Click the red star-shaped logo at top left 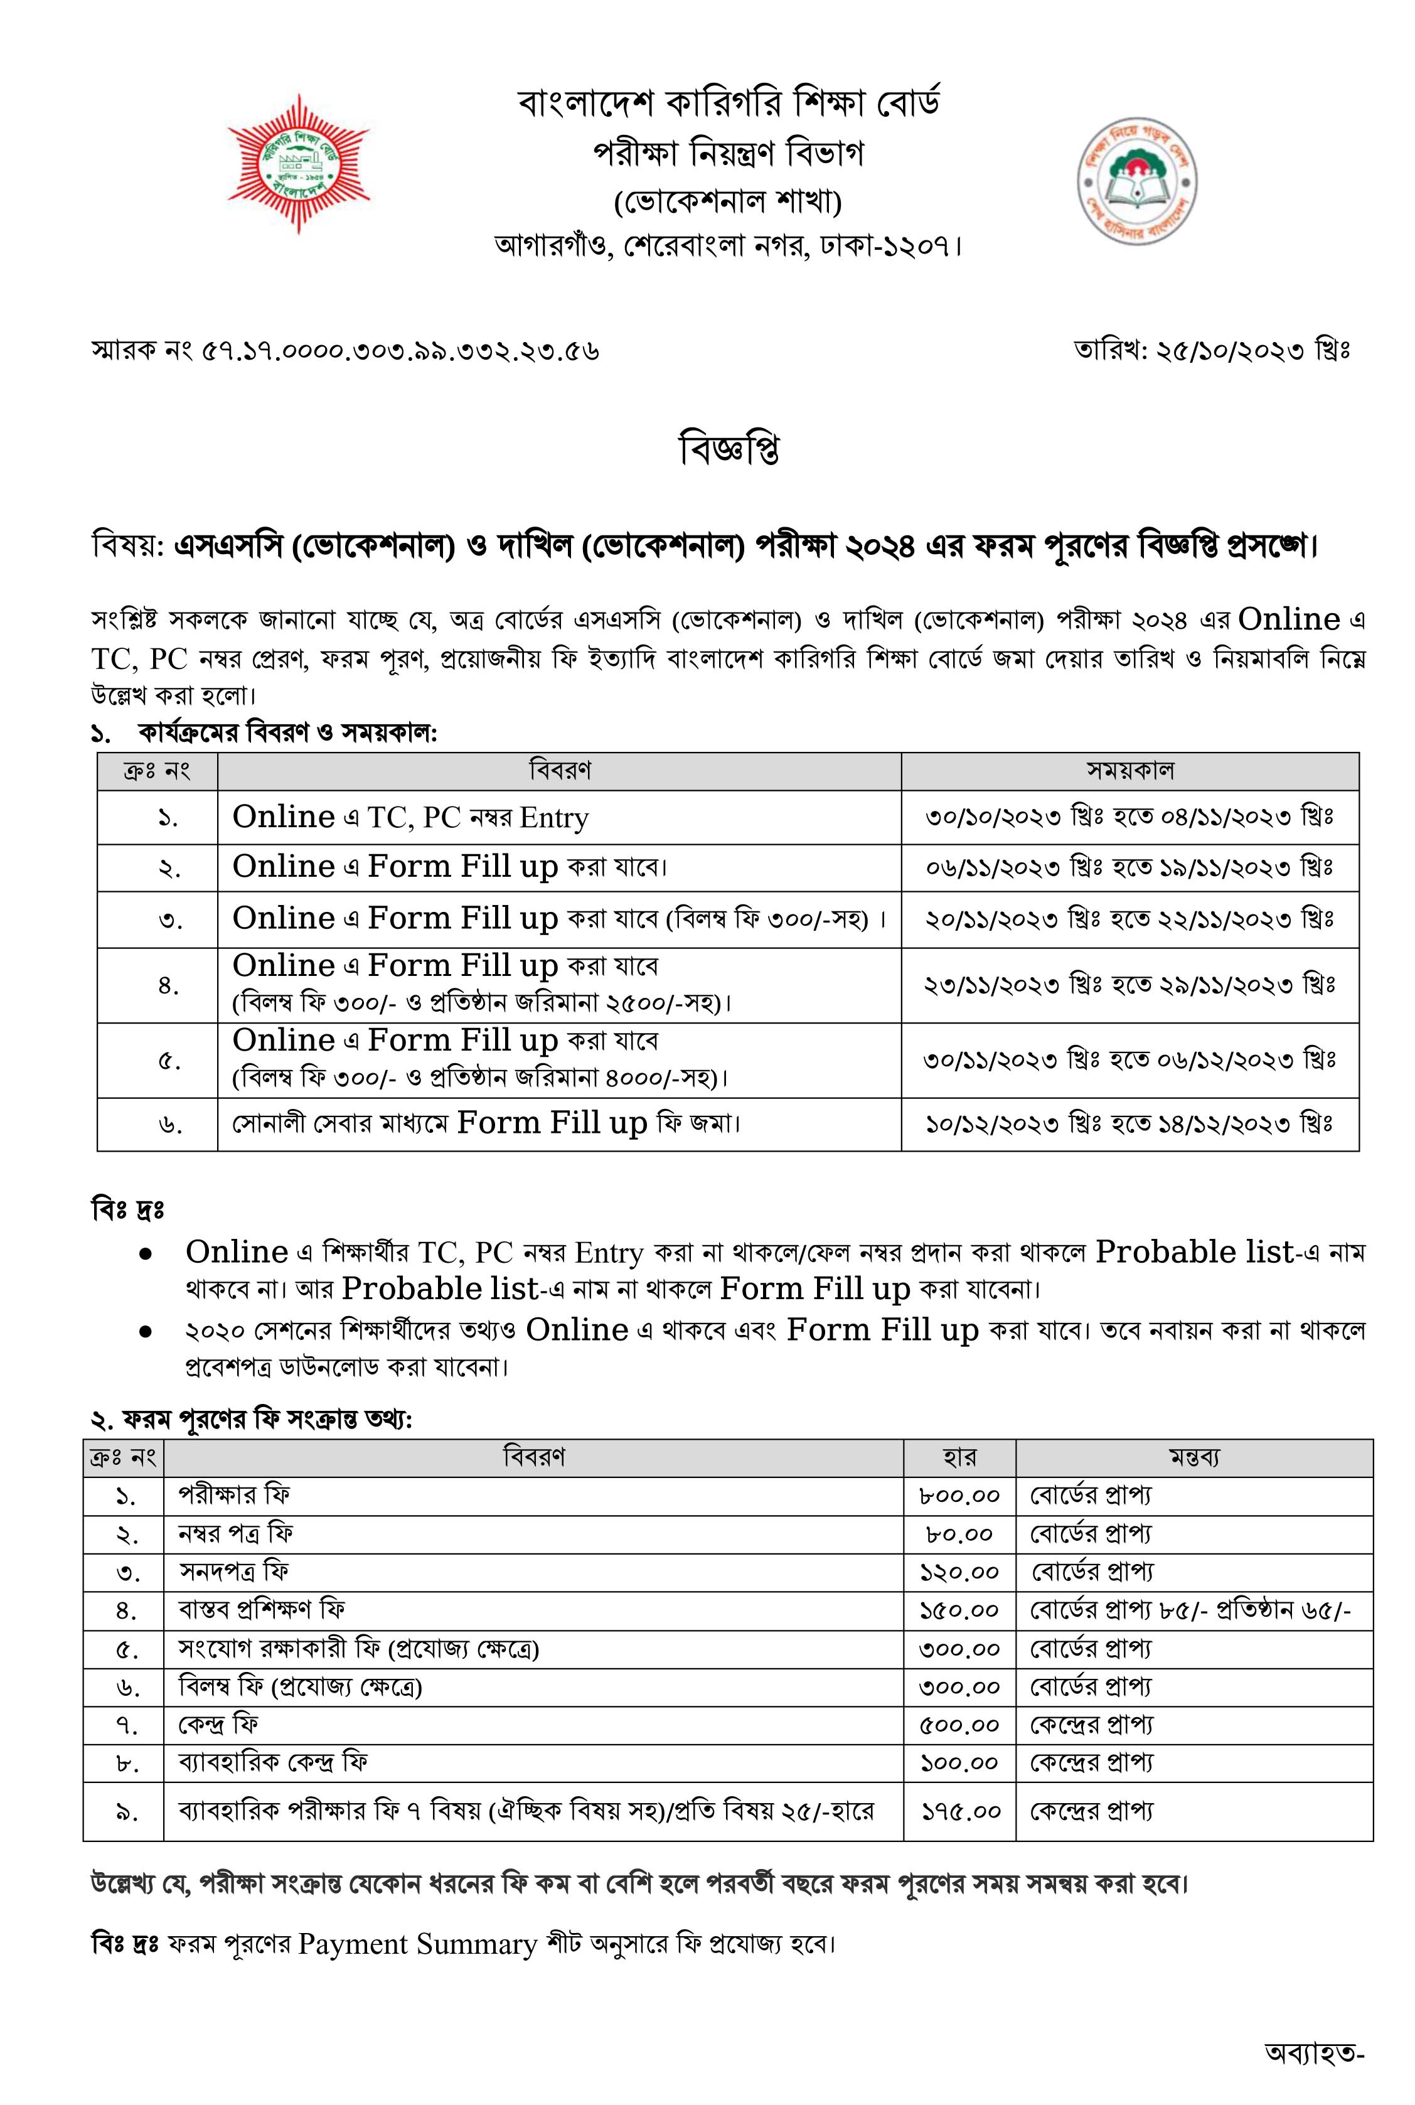298,163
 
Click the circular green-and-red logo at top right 1136,181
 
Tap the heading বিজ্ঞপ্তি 729,449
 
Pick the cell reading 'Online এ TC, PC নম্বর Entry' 410,818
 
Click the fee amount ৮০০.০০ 959,1496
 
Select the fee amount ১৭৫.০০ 960,1811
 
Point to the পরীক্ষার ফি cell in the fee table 235,1496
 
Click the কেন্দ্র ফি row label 218,1725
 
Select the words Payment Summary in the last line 417,1944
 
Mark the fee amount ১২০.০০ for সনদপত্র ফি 959,1572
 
